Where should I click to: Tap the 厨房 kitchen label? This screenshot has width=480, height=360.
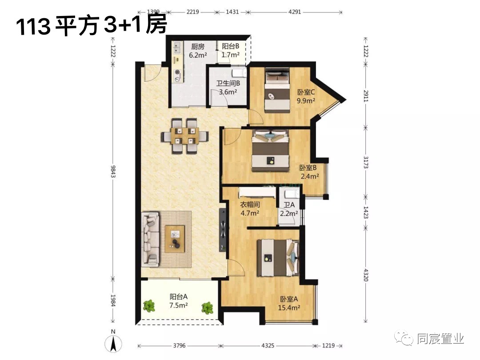[x=198, y=47]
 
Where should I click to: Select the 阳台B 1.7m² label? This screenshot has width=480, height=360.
[x=231, y=51]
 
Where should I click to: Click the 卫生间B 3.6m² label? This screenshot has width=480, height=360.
[x=228, y=88]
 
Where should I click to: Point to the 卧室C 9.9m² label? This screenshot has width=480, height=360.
[x=306, y=96]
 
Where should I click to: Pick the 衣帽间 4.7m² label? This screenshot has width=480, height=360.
[x=250, y=208]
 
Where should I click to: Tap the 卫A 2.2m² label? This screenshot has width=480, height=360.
[x=289, y=209]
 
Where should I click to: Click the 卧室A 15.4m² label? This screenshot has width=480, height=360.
[x=289, y=304]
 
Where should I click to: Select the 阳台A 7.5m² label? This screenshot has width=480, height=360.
[x=179, y=301]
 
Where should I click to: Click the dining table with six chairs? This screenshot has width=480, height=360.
[x=185, y=136]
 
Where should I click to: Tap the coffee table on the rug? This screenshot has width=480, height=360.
[x=175, y=239]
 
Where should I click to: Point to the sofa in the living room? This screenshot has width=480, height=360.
[x=151, y=239]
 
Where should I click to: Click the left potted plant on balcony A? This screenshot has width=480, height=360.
[x=149, y=306]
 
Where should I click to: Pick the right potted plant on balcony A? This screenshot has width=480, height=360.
[x=208, y=308]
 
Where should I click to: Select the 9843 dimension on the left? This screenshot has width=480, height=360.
[x=113, y=172]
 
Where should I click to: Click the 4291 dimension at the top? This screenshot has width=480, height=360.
[x=295, y=12]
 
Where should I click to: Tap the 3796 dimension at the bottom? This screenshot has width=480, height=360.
[x=180, y=346]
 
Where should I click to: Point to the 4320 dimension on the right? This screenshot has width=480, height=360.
[x=366, y=275]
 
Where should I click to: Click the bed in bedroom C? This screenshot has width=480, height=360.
[x=277, y=90]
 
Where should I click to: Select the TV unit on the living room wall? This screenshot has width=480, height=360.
[x=223, y=230]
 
